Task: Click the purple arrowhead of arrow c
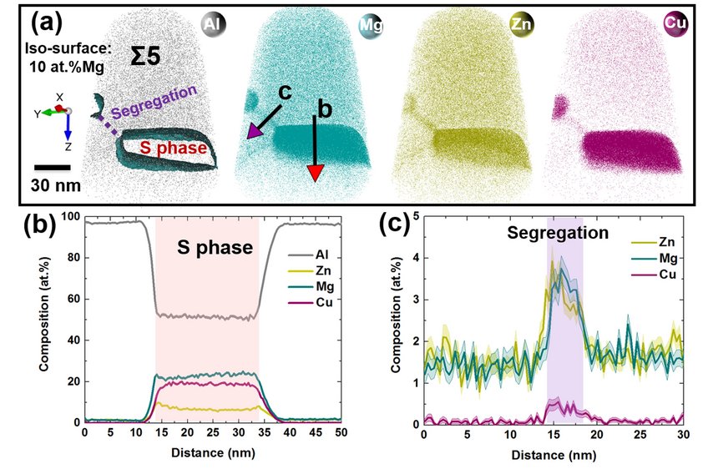coord(253,132)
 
